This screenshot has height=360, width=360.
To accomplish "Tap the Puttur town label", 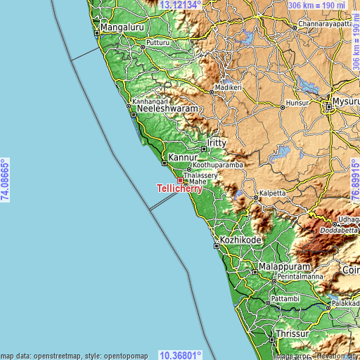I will pyautogui.click(x=158, y=43).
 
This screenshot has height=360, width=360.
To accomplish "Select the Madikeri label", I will pyautogui.click(x=227, y=87).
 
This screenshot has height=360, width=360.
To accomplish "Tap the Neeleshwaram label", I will pyautogui.click(x=167, y=110).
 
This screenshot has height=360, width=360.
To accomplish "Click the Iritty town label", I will pyautogui.click(x=217, y=143).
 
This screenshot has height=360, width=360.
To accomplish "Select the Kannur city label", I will pyautogui.click(x=181, y=157).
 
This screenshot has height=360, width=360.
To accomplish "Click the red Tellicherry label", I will pyautogui.click(x=180, y=188).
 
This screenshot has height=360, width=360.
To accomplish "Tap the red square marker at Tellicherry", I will pyautogui.click(x=179, y=180).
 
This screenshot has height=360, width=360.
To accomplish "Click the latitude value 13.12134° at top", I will pyautogui.click(x=181, y=5).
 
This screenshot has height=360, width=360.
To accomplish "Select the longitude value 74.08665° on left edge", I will pyautogui.click(x=5, y=180).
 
